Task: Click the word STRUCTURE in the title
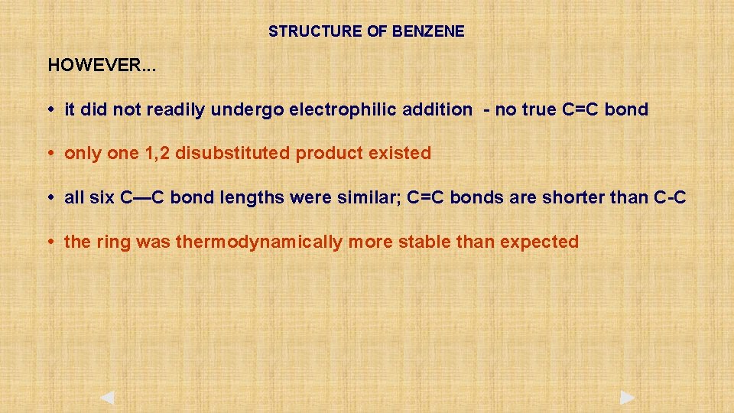tap(304, 32)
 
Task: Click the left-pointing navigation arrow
tap(107, 398)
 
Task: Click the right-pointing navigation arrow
tap(627, 398)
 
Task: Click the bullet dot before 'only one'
tap(50, 154)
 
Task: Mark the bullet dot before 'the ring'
tap(50, 242)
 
